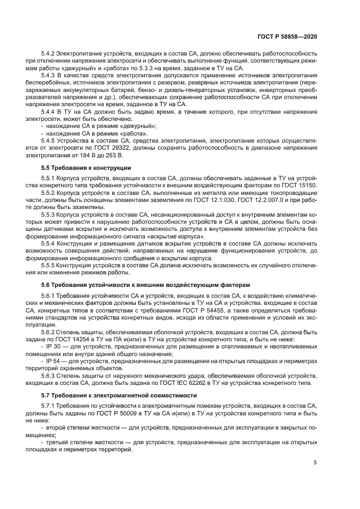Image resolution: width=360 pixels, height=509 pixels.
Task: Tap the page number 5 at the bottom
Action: (x=315, y=462)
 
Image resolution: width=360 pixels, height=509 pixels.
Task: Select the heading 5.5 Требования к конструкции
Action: (x=86, y=167)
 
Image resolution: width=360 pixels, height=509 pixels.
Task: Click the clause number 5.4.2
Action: (x=50, y=54)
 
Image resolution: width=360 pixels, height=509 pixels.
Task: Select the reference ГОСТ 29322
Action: (x=118, y=148)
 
